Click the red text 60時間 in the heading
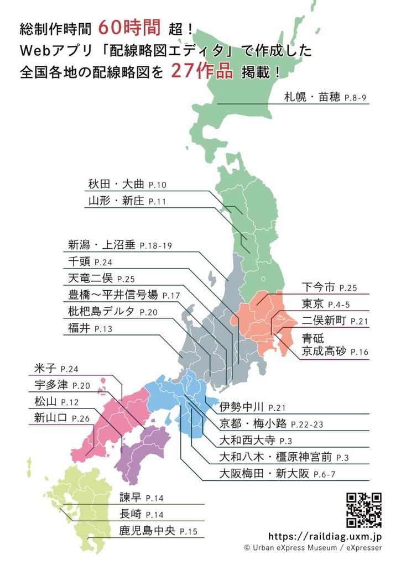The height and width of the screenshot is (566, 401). [130, 27]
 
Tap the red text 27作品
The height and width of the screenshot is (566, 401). [202, 71]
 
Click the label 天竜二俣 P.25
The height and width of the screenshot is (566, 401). [102, 279]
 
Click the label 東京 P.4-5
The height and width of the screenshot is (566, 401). [325, 304]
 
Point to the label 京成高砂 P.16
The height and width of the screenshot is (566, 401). [335, 351]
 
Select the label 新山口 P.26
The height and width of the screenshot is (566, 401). [61, 418]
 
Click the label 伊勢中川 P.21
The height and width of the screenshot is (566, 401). [252, 407]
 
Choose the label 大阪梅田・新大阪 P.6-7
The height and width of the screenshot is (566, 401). [277, 474]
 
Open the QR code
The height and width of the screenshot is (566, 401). [364, 510]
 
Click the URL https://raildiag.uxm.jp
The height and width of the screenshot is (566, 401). [325, 536]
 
